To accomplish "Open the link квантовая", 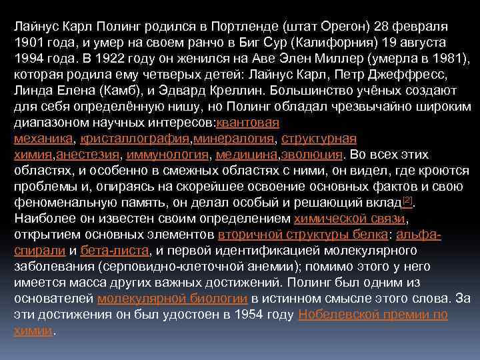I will point(248,123).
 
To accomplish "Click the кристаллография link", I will point(135,139).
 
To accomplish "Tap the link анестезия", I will point(87,155).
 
